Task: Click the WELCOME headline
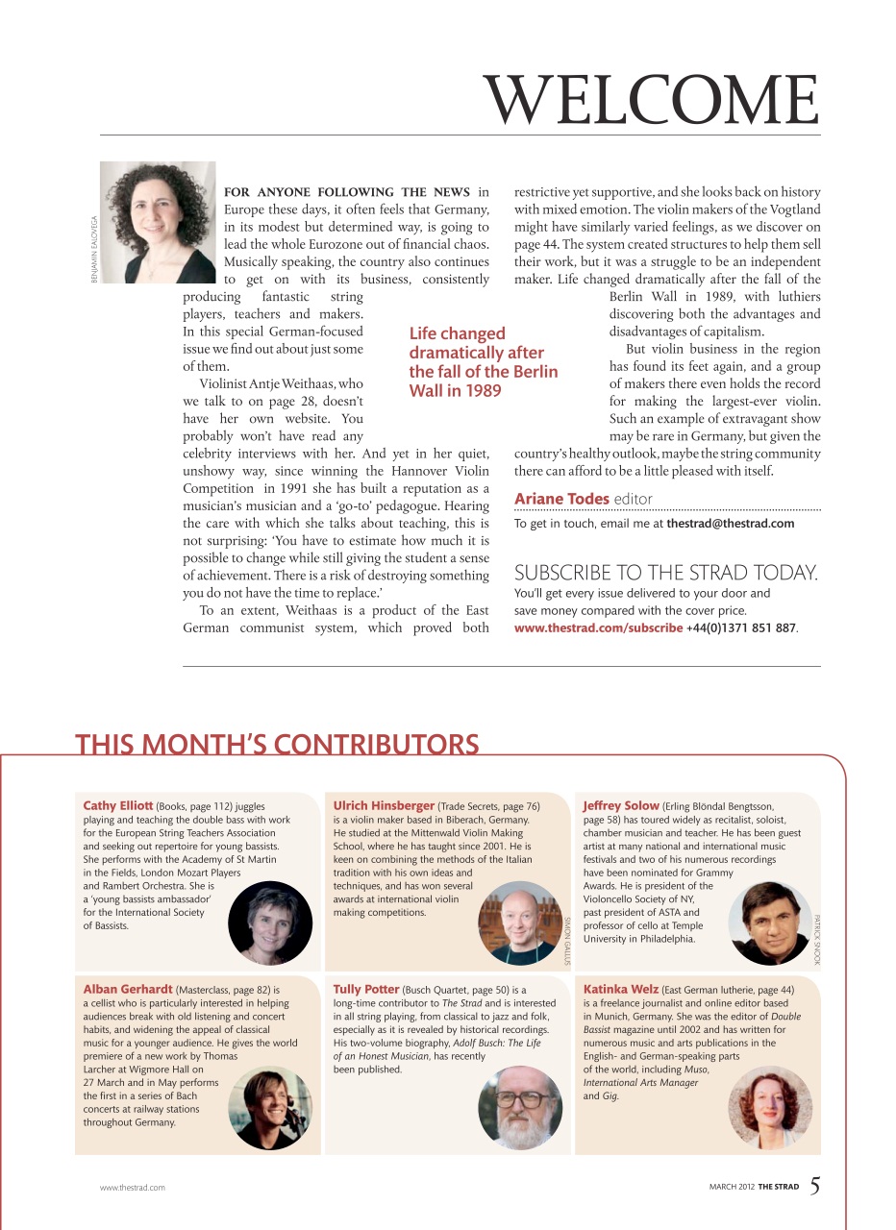652,99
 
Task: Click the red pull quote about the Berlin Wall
483,362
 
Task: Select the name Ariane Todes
561,498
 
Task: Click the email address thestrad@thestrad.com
731,524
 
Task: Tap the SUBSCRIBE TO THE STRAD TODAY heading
666,573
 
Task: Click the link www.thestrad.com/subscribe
598,627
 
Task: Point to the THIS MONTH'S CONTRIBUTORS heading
277,745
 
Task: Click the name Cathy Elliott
118,805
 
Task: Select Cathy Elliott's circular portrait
270,922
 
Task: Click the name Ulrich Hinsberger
384,805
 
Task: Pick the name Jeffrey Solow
621,805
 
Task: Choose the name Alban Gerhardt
128,988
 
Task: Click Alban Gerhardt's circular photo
270,1107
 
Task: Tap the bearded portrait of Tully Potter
519,1107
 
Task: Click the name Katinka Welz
620,988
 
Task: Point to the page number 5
814,1186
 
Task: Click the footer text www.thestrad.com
133,1188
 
